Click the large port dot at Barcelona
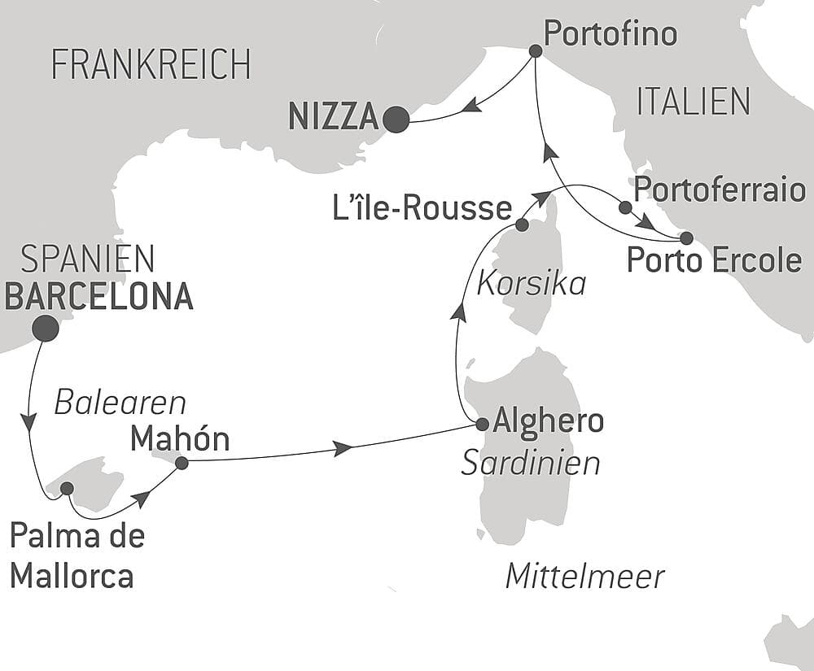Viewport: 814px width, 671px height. (x=45, y=328)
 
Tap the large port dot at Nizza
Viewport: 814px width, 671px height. (x=396, y=120)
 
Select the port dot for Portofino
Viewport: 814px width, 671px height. (x=535, y=50)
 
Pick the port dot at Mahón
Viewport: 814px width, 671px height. (x=182, y=463)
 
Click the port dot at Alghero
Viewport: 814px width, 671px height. (x=481, y=424)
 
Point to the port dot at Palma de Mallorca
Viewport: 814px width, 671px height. (x=67, y=488)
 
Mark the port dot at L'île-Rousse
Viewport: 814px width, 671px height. (x=522, y=224)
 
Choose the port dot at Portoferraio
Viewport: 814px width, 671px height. (x=624, y=207)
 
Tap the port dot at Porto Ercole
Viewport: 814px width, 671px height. (x=685, y=238)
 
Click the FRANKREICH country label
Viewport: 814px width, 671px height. (x=151, y=64)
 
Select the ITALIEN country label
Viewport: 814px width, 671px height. (x=693, y=102)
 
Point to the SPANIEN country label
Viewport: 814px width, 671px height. (x=87, y=259)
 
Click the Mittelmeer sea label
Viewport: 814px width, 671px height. (x=584, y=577)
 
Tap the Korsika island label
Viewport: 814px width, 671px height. (x=532, y=283)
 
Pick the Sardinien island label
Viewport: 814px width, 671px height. (x=531, y=463)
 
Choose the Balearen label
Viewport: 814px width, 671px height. (x=120, y=402)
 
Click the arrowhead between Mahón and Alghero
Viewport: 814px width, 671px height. (x=344, y=448)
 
